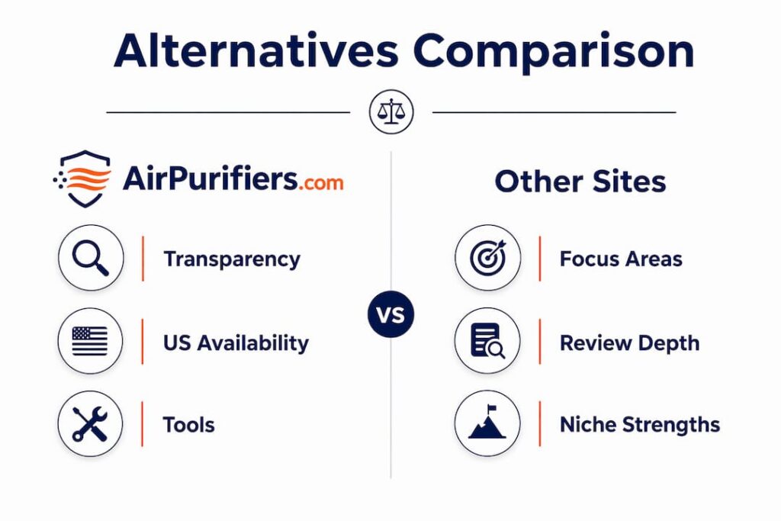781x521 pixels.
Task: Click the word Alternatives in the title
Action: point(256,51)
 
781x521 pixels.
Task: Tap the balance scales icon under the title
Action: point(391,111)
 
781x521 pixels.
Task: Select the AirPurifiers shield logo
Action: point(82,178)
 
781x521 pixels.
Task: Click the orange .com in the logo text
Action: point(321,183)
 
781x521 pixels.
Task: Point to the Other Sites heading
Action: point(580,181)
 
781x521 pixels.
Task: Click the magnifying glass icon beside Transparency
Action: point(91,258)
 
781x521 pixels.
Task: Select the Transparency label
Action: point(232,259)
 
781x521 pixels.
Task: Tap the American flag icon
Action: point(90,341)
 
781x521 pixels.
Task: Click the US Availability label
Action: point(236,343)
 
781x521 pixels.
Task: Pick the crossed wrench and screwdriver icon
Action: point(90,424)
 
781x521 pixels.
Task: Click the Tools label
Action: point(189,425)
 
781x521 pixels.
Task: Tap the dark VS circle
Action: point(391,314)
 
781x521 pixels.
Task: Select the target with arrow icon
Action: point(487,258)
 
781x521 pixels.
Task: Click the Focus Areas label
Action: point(621,259)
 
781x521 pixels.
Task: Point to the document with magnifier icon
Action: point(487,341)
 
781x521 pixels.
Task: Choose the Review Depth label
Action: point(629,343)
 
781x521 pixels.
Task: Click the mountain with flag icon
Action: point(487,423)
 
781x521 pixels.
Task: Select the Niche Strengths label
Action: point(640,425)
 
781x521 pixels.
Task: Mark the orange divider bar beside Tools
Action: point(143,424)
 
